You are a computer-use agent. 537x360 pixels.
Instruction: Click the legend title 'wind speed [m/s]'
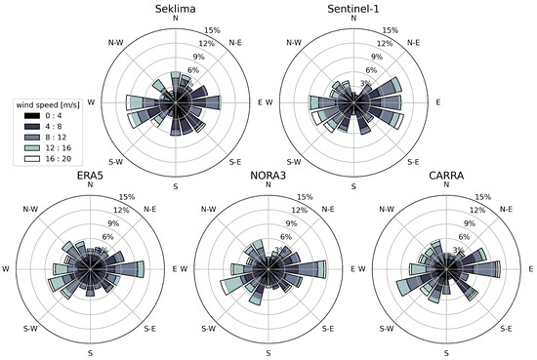pos(48,103)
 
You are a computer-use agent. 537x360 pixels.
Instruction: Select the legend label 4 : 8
pos(61,129)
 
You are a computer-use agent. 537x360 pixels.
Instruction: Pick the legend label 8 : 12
pos(62,140)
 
